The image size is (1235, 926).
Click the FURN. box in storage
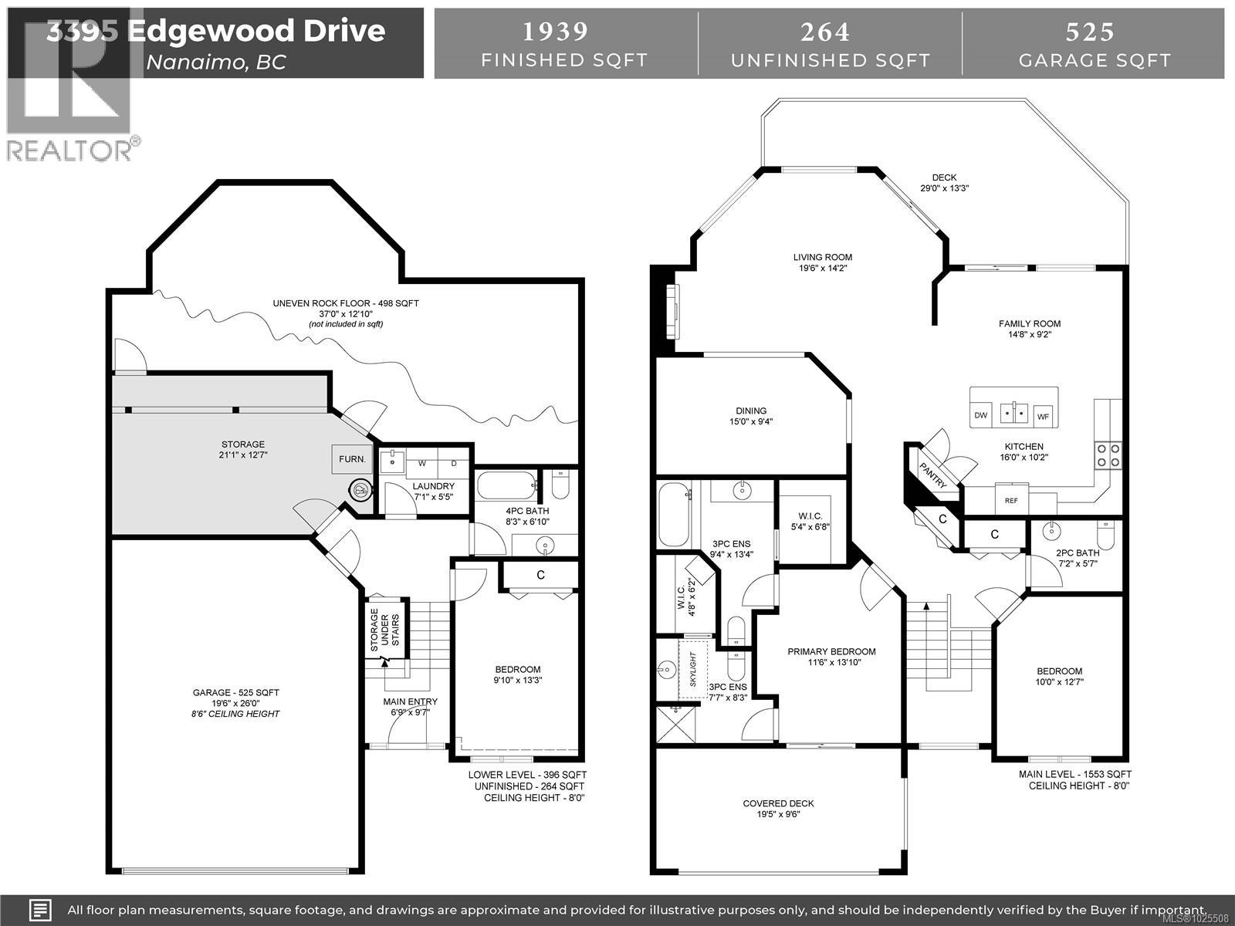352,459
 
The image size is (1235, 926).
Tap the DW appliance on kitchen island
980,415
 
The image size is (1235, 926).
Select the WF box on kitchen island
1043,416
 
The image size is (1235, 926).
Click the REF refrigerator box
1011,500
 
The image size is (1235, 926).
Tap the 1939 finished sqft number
555,32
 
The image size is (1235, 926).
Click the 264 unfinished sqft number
825,32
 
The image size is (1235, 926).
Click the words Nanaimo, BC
216,62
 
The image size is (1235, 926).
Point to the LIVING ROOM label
823,258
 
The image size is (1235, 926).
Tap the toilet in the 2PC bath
1107,532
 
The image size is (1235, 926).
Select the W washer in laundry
421,463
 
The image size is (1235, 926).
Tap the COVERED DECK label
778,803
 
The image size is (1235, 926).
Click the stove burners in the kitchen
1108,455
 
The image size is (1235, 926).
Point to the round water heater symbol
360,488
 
